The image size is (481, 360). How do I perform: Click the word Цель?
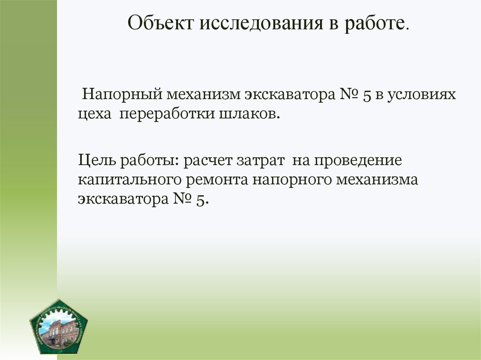pos(98,161)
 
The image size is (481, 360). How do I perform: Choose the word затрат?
pos(266,161)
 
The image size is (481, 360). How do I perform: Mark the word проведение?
pos(358,161)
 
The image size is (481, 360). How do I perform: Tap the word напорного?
pos(295,181)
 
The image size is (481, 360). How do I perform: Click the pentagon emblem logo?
pos(58,326)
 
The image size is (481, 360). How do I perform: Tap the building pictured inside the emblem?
pos(57,331)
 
